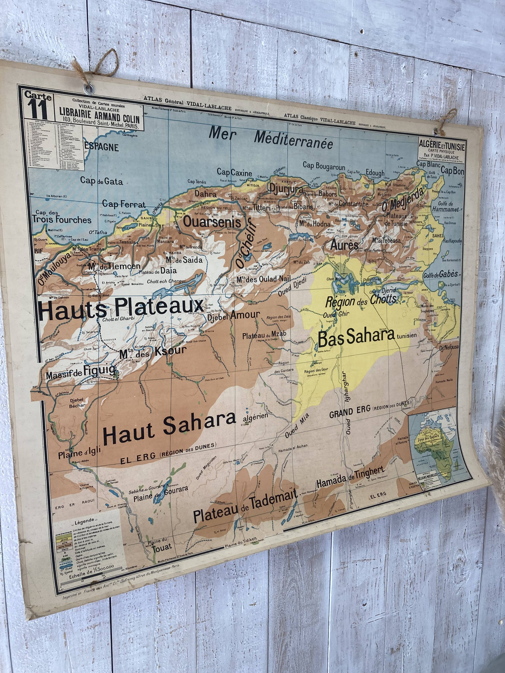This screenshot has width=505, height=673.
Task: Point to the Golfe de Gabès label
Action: coord(441,274)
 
